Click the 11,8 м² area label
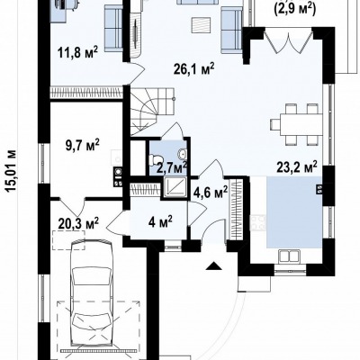tap(77, 53)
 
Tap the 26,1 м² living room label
tap(194, 69)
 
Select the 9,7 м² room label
tap(83, 146)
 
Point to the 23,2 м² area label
tap(297, 168)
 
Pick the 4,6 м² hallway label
tap(211, 192)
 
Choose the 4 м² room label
tap(160, 222)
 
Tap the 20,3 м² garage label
tap(78, 224)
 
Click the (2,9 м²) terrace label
tap(295, 8)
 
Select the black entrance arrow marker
tap(214, 266)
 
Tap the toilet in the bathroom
tap(156, 159)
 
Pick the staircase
tap(152, 111)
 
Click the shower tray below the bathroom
tap(175, 187)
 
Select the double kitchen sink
tap(288, 256)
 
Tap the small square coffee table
tap(202, 25)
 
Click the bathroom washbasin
tap(182, 155)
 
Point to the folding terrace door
tap(288, 40)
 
